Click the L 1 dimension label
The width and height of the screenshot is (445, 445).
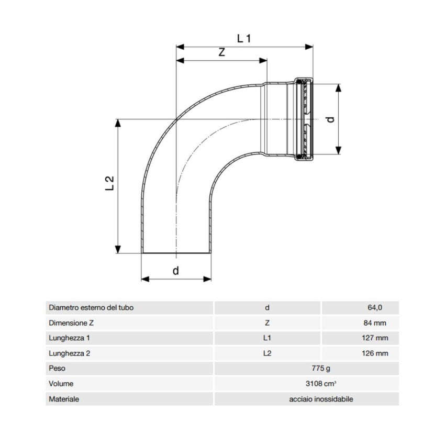244,38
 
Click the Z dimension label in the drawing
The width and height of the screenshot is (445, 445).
221,52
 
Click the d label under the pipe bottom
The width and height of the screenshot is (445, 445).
176,271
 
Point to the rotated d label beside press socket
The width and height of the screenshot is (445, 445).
330,119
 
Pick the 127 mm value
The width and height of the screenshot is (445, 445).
375,338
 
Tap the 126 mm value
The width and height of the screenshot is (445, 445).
375,353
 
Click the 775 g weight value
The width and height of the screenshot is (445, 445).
306,369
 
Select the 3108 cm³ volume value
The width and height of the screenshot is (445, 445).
306,384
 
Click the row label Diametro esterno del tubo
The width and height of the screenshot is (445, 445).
91,308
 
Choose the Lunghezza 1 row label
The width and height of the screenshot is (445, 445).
70,338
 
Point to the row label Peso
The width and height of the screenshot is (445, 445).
57,369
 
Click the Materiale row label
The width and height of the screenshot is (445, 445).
64,399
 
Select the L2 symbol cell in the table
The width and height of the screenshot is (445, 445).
267,353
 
